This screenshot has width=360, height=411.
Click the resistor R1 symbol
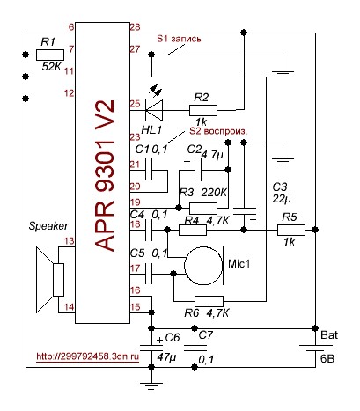click(x=50, y=55)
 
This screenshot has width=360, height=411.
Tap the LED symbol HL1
click(x=154, y=110)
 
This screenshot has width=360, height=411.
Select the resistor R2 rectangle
click(x=203, y=110)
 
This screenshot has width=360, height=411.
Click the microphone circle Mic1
click(x=203, y=266)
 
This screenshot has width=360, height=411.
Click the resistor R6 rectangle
click(x=209, y=301)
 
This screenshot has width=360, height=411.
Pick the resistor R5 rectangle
click(x=291, y=230)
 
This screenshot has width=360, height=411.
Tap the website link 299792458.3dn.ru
click(x=88, y=356)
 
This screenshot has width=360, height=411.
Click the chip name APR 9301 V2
click(x=105, y=175)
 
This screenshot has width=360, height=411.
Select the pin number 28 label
click(x=136, y=27)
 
